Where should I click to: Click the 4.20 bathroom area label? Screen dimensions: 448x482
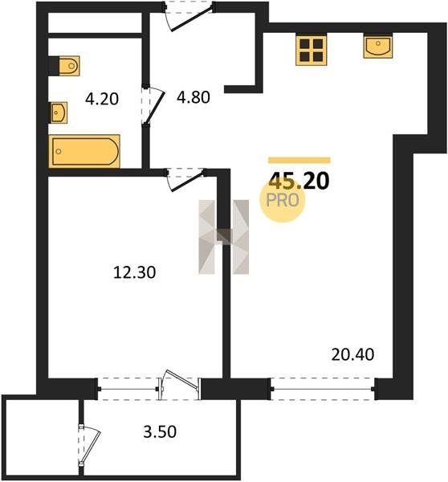click(x=102, y=100)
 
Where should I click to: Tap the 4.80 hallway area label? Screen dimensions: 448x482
click(x=193, y=97)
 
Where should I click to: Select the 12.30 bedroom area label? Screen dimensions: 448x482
click(x=135, y=272)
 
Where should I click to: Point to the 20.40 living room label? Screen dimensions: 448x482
click(x=352, y=354)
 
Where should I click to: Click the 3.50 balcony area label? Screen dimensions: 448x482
click(x=160, y=431)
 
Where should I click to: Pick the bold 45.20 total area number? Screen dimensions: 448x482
click(x=299, y=181)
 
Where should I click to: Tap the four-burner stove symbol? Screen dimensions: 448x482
click(x=311, y=50)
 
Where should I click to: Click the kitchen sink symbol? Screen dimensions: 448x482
click(x=378, y=47)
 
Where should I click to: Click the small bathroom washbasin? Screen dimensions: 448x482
click(x=59, y=112)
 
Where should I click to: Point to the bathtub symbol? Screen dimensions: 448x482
click(x=84, y=151)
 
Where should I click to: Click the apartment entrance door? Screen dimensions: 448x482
click(x=188, y=16)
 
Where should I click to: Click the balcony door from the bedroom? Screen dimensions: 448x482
click(x=178, y=385)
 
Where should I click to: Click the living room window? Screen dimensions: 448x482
click(x=322, y=389)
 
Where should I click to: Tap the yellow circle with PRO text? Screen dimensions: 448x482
click(x=283, y=200)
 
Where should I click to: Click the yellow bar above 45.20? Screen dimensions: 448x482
click(x=299, y=160)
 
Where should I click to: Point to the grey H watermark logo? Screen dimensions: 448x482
click(x=223, y=237)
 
